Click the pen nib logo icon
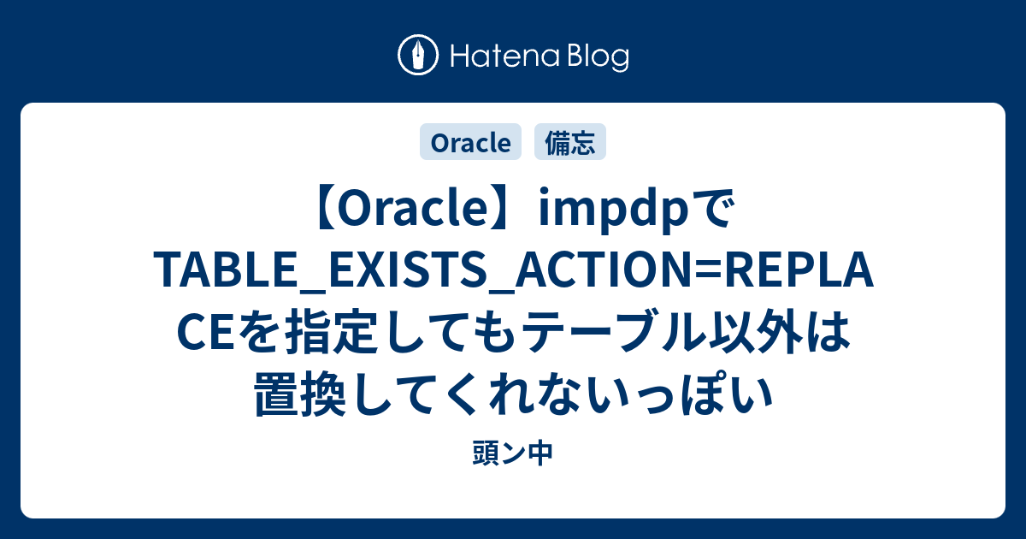pyautogui.click(x=418, y=55)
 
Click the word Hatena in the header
pyautogui.click(x=505, y=56)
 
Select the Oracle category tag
pyautogui.click(x=470, y=142)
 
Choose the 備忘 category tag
pyautogui.click(x=569, y=142)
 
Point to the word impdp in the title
pyautogui.click(x=614, y=210)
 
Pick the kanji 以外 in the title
pyautogui.click(x=756, y=331)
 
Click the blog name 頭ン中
pyautogui.click(x=513, y=453)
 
